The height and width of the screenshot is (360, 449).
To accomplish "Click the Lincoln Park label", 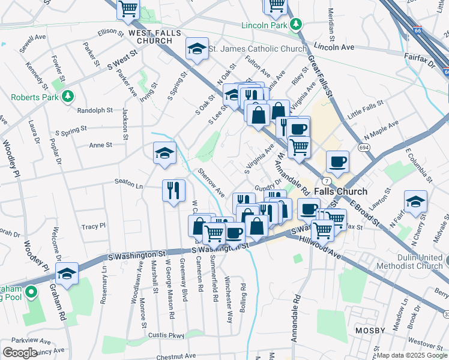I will click(x=264, y=25).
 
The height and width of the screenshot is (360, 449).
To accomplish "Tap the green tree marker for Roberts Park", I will click(x=69, y=96).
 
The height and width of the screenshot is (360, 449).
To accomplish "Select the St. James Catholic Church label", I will click(x=258, y=49).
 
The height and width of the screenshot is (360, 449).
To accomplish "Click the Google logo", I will click(x=20, y=353).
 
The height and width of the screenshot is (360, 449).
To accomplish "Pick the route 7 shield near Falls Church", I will click(x=325, y=181).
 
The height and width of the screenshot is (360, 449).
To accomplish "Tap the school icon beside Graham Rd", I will click(x=67, y=274).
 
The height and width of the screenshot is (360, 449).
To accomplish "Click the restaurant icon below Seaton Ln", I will click(x=173, y=191).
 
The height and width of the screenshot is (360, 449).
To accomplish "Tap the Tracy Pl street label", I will click(x=94, y=226).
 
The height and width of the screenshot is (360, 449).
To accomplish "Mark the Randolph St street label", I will click(x=95, y=110).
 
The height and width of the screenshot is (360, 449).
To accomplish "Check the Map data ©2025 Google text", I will click(x=411, y=355).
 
